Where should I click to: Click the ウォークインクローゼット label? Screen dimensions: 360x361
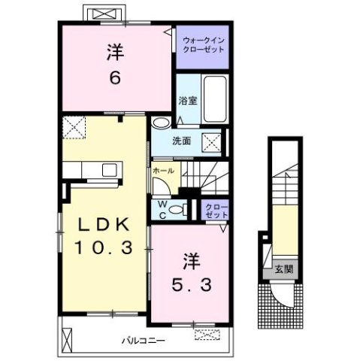[204, 45]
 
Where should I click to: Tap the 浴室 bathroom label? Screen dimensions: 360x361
[188, 101]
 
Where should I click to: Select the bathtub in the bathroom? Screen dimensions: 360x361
[215, 99]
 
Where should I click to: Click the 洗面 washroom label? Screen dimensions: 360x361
[182, 141]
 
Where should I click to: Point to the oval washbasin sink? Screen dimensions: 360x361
[161, 123]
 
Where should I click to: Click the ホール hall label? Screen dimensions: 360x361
[163, 171]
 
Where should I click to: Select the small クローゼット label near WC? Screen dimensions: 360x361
[216, 211]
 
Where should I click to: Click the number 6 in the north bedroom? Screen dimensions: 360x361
[115, 77]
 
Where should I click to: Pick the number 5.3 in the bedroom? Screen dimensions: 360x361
[192, 285]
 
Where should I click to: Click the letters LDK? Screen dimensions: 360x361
[104, 224]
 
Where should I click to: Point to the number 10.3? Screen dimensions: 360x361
[104, 247]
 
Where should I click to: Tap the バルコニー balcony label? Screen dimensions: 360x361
[144, 341]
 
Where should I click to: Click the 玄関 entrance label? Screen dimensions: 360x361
[284, 269]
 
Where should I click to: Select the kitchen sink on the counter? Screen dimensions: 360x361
[110, 170]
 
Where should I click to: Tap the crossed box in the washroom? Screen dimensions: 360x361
[212, 142]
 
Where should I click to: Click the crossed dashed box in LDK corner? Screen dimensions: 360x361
[74, 127]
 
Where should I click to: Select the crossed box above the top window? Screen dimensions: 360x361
[104, 14]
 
